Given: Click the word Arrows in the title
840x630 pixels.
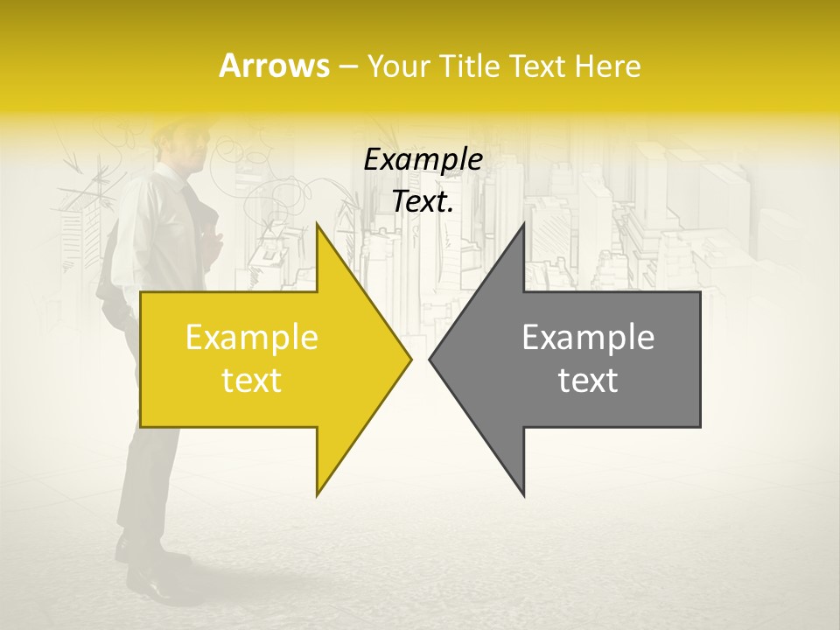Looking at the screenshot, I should (273, 66).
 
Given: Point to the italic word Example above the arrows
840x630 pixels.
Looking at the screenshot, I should (423, 160).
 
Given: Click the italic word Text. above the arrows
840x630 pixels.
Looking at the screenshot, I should (423, 202).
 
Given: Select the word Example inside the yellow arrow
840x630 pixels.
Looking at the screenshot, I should (252, 338).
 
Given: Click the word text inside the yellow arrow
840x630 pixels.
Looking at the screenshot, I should (252, 381).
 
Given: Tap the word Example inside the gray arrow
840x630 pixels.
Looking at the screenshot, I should (588, 338).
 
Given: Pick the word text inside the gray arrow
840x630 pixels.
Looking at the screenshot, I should (588, 381).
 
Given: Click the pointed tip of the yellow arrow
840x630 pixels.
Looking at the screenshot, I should (410, 359).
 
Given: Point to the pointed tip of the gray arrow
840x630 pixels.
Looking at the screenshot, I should (430, 359).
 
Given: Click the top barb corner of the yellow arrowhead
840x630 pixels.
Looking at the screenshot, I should (317, 224).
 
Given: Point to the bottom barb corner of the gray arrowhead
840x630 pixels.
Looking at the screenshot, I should (523, 495).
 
